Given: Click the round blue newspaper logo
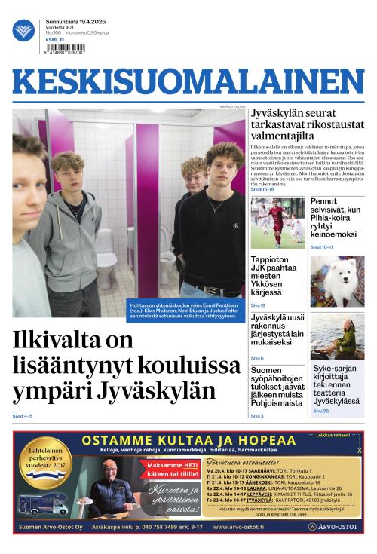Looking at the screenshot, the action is pos(23,30).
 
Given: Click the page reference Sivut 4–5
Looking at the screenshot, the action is pos(22,416).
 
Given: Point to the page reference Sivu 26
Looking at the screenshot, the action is pos(320,411).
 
